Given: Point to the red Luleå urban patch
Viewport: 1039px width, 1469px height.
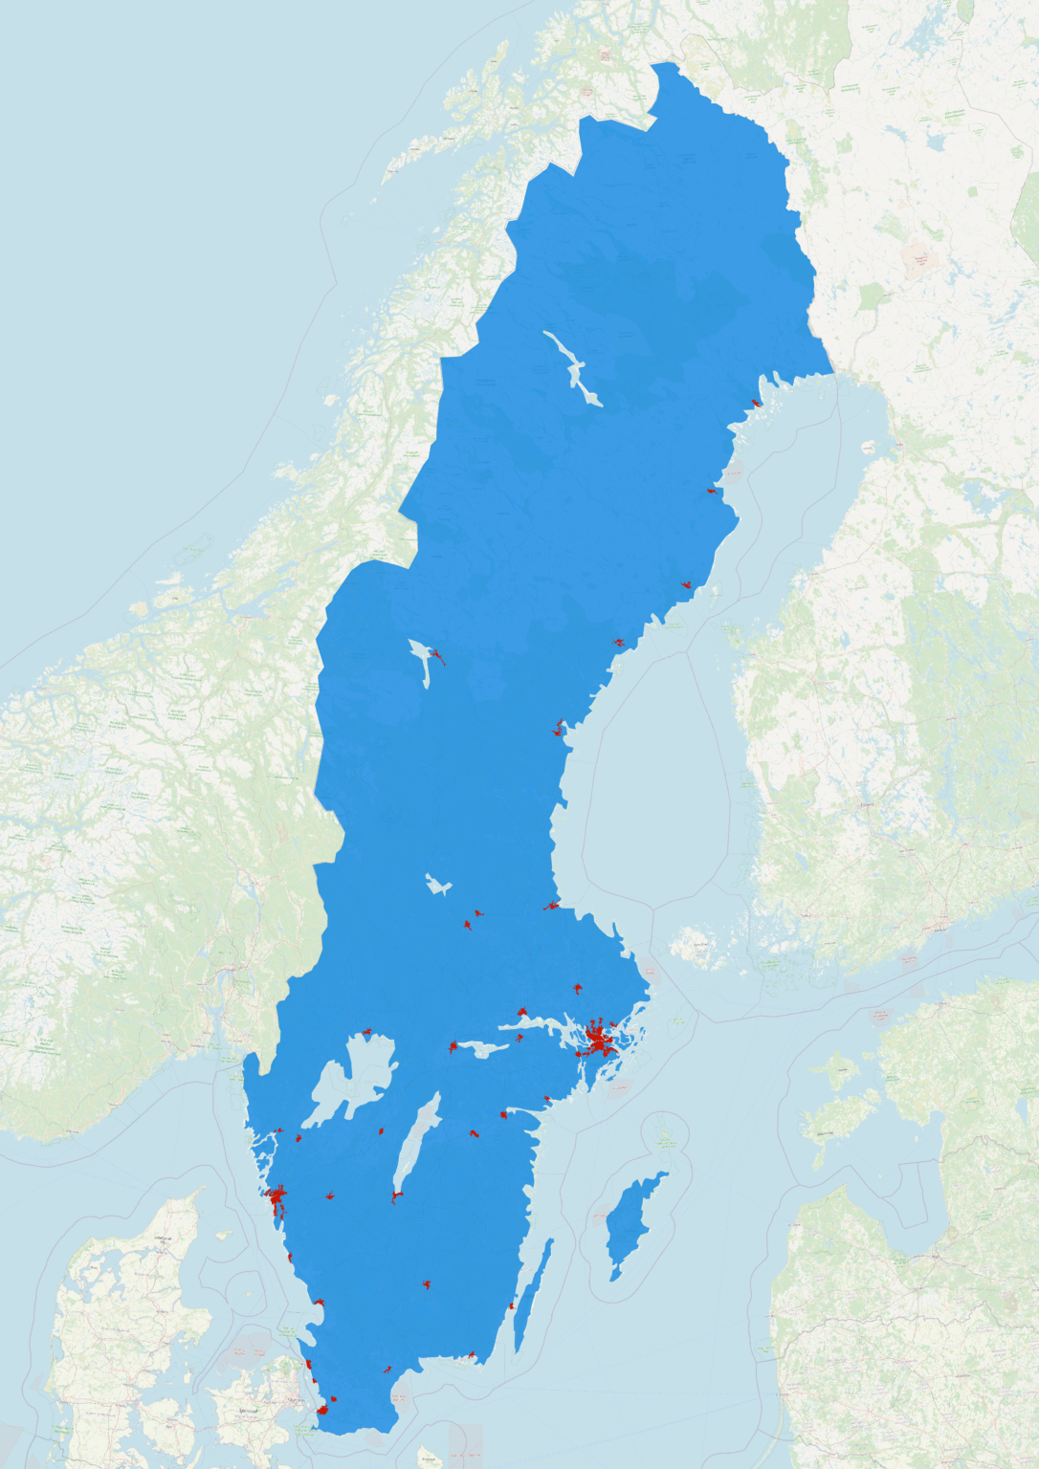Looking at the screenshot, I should pos(757,404).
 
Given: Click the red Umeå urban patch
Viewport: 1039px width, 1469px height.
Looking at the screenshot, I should pos(686,583).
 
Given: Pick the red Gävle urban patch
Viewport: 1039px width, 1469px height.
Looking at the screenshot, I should pos(551,905).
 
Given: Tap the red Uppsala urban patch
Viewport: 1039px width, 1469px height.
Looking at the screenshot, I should pos(577,988).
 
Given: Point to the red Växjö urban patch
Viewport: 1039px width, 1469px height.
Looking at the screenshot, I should pos(427,1284).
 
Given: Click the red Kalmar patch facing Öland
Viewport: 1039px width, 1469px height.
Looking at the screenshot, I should pos(512,1305).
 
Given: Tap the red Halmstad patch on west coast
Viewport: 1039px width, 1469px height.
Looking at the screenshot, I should pos(319,1303).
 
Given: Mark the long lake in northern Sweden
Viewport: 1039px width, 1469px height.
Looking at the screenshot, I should pos(573,368).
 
